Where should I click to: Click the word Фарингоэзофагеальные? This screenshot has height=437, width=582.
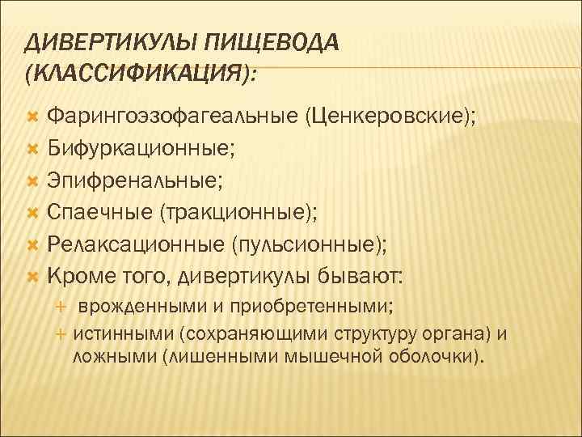pos(171,118)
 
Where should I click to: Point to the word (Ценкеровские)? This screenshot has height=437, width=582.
pos(390,118)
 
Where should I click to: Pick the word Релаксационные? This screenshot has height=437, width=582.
pos(136,244)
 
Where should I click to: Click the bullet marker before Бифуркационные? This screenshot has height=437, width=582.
pos(33,150)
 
